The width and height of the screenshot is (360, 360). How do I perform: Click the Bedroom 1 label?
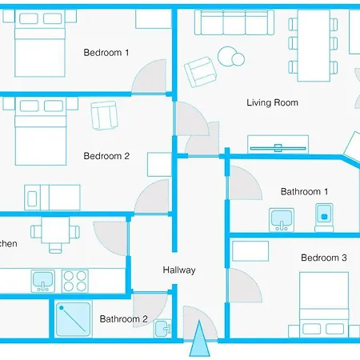pyautogui.click(x=106, y=53)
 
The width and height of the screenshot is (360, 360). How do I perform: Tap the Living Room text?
pyautogui.click(x=272, y=102)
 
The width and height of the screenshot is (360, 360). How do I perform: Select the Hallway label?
pyautogui.click(x=178, y=270)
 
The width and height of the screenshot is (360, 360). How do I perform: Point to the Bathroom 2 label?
pyautogui.click(x=123, y=319)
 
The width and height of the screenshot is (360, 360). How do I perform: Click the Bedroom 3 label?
pyautogui.click(x=323, y=258)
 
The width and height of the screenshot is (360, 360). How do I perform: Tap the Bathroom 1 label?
pyautogui.click(x=304, y=191)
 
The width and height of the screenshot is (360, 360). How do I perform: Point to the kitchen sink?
pyautogui.click(x=42, y=281)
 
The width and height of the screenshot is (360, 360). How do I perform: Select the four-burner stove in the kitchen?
pyautogui.click(x=74, y=281)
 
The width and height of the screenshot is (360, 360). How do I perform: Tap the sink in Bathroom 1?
pyautogui.click(x=282, y=217)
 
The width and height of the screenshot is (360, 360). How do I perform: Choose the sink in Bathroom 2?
pyautogui.click(x=162, y=327)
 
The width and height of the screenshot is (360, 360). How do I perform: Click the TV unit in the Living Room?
pyautogui.click(x=277, y=146)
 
